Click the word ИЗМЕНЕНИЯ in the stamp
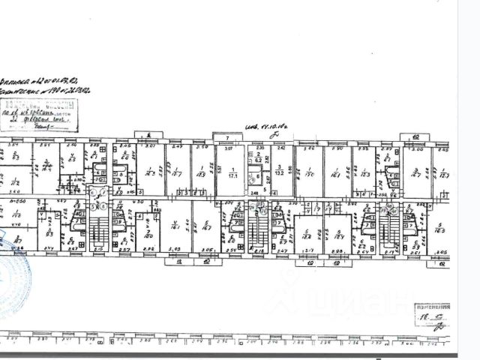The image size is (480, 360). (x=433, y=307)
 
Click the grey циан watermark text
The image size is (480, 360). (x=352, y=300)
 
